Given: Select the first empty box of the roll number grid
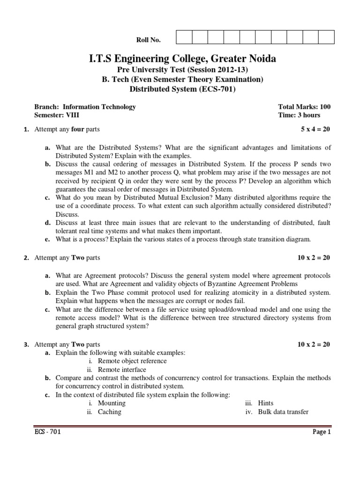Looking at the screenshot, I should tap(184, 37).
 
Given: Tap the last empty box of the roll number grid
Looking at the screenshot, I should tap(326, 37).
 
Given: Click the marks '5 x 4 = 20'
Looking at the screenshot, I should tap(315, 129).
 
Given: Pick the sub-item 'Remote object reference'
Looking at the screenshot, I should tap(132, 361).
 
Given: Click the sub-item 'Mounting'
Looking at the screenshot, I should tap(112, 403).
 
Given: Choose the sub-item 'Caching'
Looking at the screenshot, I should tap(109, 412).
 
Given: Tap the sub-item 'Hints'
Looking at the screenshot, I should tap(266, 403).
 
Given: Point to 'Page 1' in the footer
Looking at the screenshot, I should tap(322, 432).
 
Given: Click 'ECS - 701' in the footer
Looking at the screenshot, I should tap(47, 432).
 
